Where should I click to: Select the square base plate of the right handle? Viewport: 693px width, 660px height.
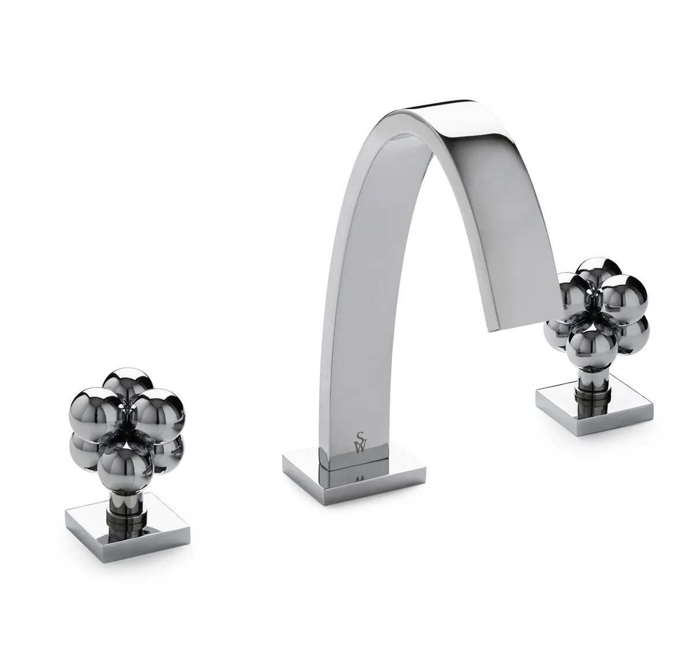(x=594, y=409)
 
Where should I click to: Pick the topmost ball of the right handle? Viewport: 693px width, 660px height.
(x=598, y=271)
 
